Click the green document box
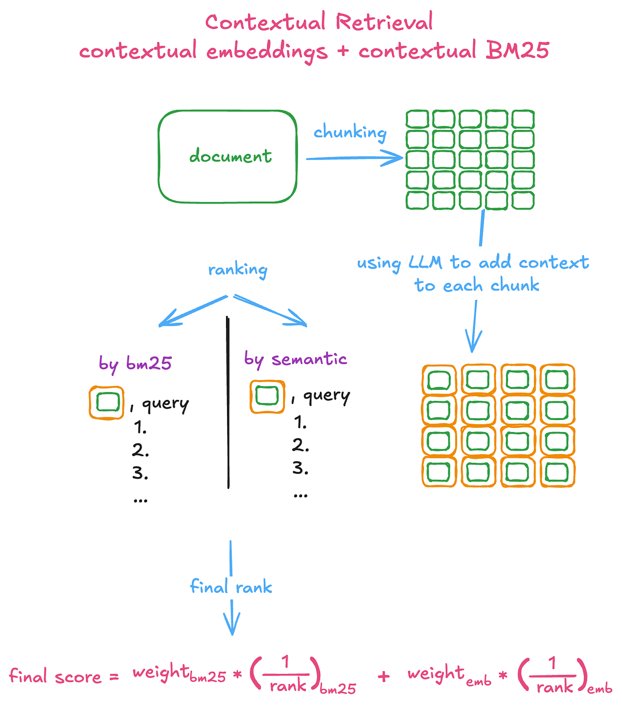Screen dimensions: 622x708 [228, 156]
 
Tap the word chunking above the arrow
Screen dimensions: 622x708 [350, 133]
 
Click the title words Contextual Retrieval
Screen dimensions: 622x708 [319, 22]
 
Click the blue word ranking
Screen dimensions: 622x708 [237, 270]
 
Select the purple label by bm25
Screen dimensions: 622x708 [135, 363]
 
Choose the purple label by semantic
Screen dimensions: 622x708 [295, 359]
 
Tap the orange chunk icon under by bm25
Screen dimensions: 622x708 [106, 402]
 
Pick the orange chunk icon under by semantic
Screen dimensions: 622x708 [267, 397]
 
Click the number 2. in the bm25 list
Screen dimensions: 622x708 [140, 450]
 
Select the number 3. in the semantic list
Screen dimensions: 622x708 [300, 468]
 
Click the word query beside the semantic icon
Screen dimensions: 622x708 [327, 396]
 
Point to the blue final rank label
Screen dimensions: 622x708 [231, 587]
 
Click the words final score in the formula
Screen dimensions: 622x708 [55, 676]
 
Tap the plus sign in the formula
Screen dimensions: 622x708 [384, 676]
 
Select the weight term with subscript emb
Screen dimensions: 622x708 [448, 674]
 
